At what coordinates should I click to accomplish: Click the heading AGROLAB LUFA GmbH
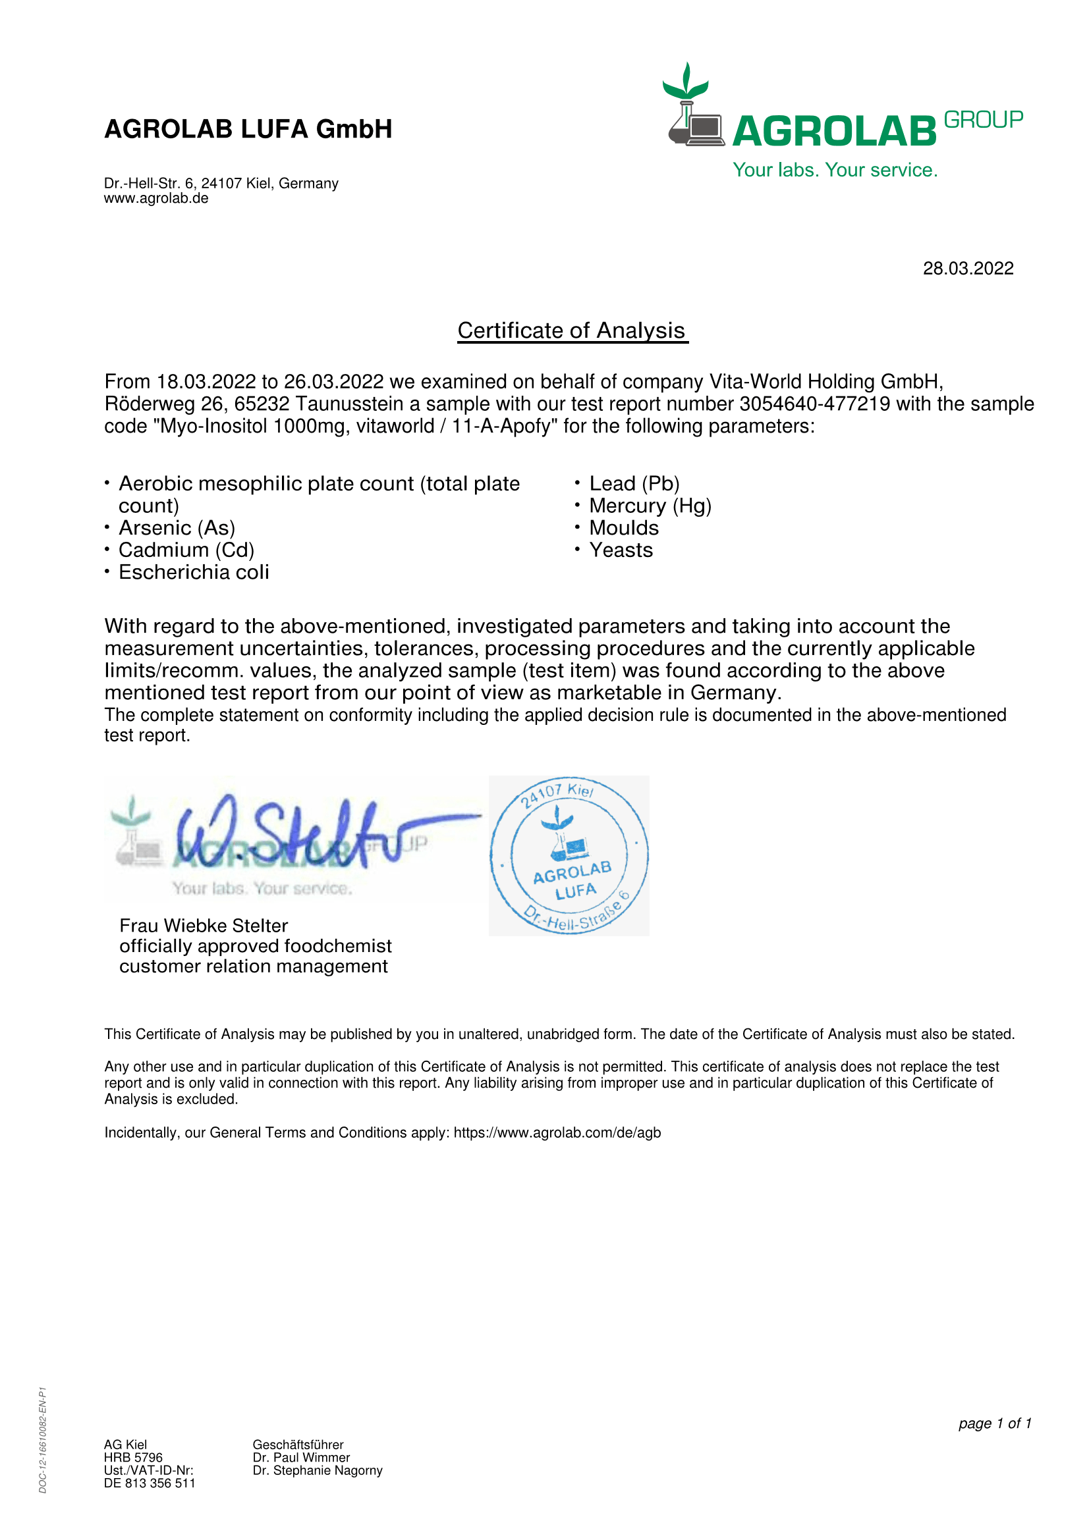[x=248, y=129]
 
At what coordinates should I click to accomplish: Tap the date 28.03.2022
[x=968, y=268]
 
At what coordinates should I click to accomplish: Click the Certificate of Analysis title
[x=572, y=331]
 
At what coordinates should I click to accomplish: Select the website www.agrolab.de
[x=155, y=199]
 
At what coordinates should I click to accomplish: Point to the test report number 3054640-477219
[x=814, y=404]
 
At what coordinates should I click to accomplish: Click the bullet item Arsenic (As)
[x=177, y=528]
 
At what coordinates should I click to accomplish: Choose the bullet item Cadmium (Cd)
[x=186, y=550]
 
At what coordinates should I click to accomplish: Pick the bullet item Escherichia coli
[x=193, y=572]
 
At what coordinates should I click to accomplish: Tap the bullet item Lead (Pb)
[x=634, y=484]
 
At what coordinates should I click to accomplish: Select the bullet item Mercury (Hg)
[x=650, y=506]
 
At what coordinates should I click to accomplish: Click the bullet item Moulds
[x=623, y=528]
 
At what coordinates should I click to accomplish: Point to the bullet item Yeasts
[x=621, y=550]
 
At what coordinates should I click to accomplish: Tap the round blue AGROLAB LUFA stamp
[x=569, y=855]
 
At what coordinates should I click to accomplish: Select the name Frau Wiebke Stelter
[x=204, y=926]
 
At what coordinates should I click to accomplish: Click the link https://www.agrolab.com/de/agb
[x=557, y=1133]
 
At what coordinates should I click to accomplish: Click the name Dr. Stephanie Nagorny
[x=318, y=1470]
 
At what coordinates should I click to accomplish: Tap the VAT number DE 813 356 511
[x=150, y=1483]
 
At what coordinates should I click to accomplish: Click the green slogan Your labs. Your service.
[x=835, y=171]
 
